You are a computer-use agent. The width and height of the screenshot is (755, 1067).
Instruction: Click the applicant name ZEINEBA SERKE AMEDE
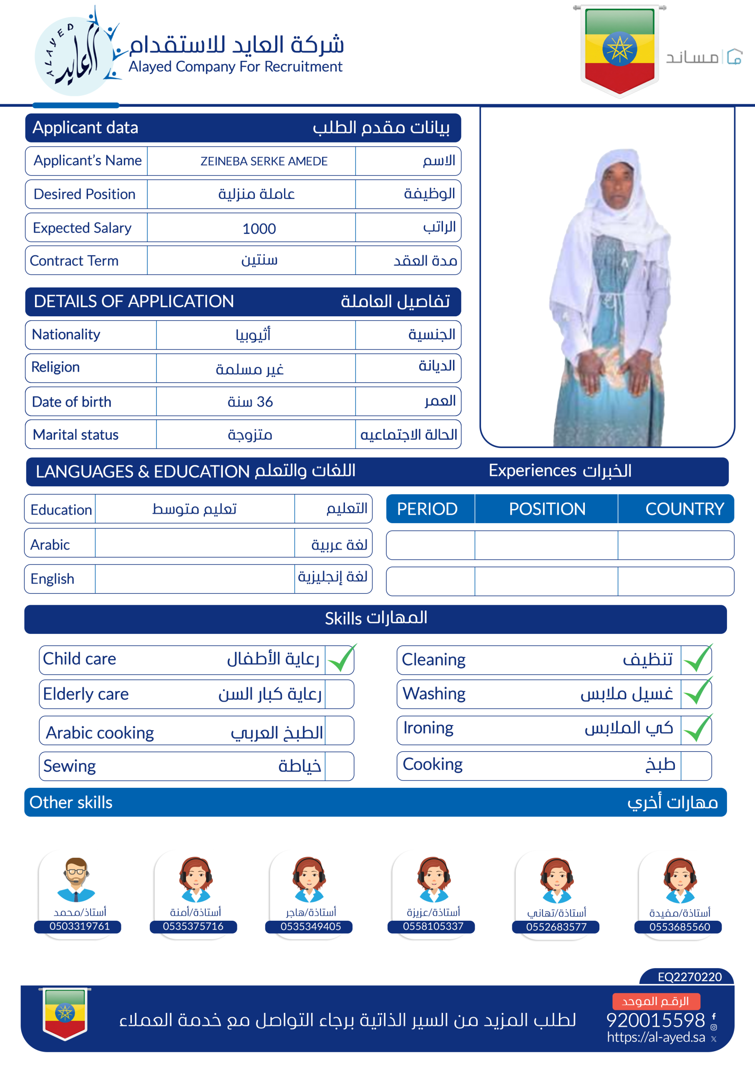(x=264, y=161)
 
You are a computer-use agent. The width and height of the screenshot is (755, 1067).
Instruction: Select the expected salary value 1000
(x=259, y=229)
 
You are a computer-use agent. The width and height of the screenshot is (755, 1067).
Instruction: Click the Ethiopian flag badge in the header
(x=619, y=49)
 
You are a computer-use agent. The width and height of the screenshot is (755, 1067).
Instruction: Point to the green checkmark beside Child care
(x=341, y=659)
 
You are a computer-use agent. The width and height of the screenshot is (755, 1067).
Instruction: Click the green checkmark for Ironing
(x=697, y=729)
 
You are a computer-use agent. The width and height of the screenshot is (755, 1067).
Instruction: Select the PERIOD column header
(x=427, y=509)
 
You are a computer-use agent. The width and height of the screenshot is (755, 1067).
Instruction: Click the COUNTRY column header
(x=684, y=509)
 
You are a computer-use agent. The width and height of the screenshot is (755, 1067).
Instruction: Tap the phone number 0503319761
(x=80, y=926)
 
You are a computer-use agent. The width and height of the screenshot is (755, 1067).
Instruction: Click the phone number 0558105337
(x=433, y=926)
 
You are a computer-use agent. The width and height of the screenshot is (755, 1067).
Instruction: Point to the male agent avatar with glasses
(x=76, y=880)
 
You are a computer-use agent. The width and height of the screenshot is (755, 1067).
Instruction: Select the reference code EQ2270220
(x=690, y=977)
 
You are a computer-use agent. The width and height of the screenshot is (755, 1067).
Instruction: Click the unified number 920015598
(x=655, y=1020)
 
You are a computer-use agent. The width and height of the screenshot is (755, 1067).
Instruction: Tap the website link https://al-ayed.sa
(x=655, y=1037)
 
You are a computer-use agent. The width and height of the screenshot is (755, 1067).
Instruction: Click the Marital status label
(x=76, y=435)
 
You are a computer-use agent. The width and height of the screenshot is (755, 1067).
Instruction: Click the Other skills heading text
(x=71, y=803)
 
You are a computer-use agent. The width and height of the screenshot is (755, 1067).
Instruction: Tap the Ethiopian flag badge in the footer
(x=65, y=1014)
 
